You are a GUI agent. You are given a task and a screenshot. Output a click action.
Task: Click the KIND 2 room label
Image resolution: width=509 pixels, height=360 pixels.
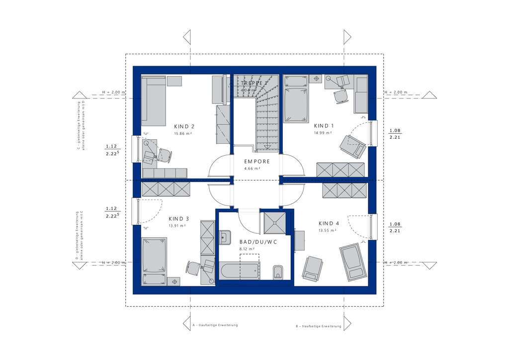click(x=184, y=126)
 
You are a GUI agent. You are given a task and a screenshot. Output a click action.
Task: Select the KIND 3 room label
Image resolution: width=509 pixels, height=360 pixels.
click(x=178, y=218)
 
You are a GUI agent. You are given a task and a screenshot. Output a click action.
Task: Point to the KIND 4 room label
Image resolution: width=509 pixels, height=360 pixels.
click(x=329, y=223)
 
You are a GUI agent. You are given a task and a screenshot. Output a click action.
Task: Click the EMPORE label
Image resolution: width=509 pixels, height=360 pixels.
click(x=256, y=162)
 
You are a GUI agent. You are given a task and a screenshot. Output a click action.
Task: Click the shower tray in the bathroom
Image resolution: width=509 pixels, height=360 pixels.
click(x=273, y=222)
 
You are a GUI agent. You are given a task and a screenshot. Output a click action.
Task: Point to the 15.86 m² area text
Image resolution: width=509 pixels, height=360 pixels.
click(x=182, y=134)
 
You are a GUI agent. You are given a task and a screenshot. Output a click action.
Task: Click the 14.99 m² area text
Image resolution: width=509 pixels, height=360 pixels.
click(x=322, y=133)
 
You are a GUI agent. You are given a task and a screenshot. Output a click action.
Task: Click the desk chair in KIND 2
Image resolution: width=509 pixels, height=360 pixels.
click(x=165, y=154)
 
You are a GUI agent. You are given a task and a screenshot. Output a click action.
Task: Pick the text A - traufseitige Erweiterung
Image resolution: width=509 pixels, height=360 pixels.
click(x=215, y=325)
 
